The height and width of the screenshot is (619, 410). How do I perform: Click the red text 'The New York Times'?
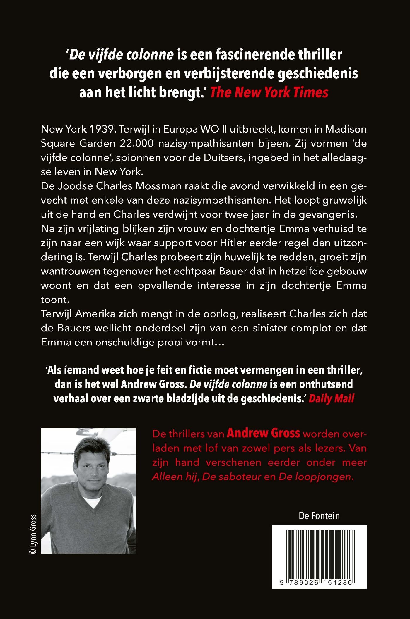pyautogui.click(x=269, y=92)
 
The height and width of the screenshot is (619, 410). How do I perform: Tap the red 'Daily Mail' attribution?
pyautogui.click(x=331, y=398)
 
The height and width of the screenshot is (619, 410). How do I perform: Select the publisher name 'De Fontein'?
pyautogui.click(x=319, y=516)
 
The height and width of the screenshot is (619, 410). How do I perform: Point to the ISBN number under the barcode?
pyautogui.click(x=316, y=582)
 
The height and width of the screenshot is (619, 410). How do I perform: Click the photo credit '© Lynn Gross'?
pyautogui.click(x=33, y=534)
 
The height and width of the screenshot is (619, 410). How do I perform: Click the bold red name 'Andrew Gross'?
pyautogui.click(x=263, y=434)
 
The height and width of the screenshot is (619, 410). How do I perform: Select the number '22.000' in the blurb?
pyautogui.click(x=137, y=143)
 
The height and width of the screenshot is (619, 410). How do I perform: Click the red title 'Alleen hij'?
pyautogui.click(x=174, y=477)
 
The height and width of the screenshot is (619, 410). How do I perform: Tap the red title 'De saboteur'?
pyautogui.click(x=232, y=477)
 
